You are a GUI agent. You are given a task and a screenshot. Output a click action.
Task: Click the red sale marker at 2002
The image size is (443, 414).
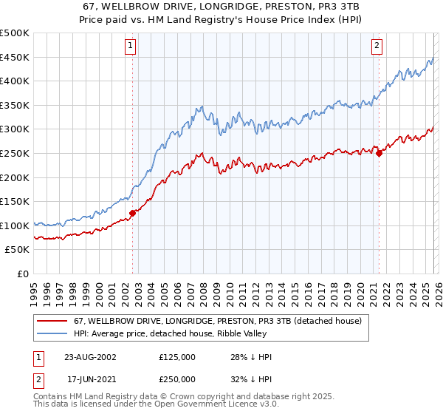(x=133, y=213)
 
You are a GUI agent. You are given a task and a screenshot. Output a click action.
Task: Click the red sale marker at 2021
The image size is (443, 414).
(x=379, y=153)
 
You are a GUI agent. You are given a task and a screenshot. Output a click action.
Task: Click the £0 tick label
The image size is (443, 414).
(x=22, y=274)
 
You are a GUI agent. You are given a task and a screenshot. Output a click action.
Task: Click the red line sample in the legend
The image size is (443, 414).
(x=52, y=321)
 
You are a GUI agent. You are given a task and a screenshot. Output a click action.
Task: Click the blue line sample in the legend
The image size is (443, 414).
(x=52, y=333)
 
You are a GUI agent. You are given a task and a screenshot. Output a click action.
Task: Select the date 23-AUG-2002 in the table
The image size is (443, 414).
(x=89, y=357)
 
